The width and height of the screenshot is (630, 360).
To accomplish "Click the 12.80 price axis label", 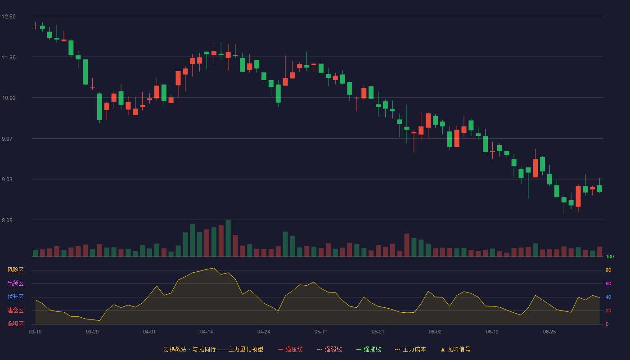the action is click(9, 17).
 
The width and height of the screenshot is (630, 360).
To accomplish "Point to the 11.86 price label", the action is click(9, 58).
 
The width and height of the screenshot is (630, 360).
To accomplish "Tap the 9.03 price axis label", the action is click(7, 180).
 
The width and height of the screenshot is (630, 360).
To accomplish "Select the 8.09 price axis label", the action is click(7, 220).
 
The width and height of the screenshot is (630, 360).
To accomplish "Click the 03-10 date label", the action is click(35, 332).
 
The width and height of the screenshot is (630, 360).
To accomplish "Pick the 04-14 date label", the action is click(207, 332).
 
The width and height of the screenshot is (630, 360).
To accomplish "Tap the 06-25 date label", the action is click(549, 332).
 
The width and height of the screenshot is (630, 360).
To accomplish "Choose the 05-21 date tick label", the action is click(378, 332).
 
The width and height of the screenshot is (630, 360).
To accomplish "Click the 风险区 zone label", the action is click(15, 270).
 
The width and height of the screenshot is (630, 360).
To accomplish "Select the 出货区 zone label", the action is click(15, 283).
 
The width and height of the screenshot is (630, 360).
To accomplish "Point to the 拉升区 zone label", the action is click(15, 297).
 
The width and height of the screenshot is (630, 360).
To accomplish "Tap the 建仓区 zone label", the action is click(15, 310).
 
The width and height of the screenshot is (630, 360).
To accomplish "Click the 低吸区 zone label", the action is click(15, 324).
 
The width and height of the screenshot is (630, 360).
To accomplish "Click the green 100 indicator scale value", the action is click(610, 256).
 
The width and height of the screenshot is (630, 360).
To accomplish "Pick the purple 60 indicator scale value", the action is click(608, 283).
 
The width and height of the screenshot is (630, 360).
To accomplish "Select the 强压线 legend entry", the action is click(290, 349).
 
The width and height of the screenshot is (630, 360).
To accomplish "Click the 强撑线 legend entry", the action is click(369, 349).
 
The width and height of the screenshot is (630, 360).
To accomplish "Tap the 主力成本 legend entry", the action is click(410, 349).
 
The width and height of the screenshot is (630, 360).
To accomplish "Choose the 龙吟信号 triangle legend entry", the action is click(455, 349).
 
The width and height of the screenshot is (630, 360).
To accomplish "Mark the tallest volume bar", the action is click(228, 238).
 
